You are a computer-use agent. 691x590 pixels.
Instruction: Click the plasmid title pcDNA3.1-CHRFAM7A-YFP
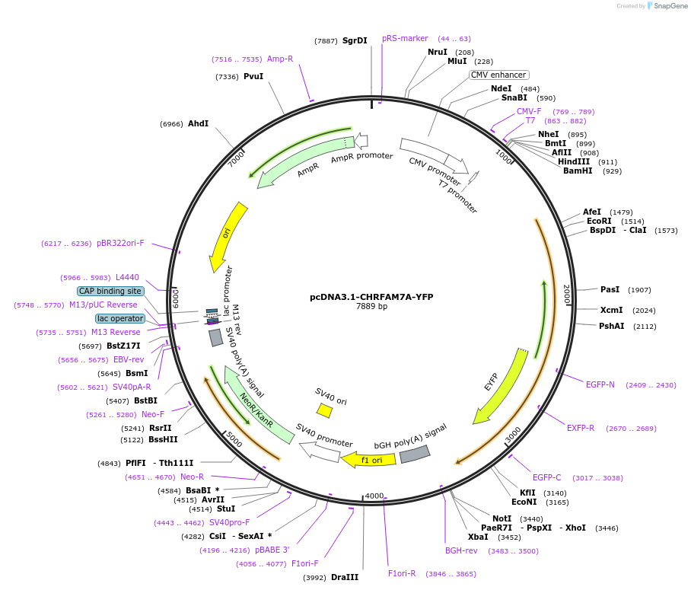click(x=371, y=297)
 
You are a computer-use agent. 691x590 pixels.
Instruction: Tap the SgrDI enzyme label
click(x=355, y=40)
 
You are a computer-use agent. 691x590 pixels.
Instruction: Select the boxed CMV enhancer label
click(x=498, y=75)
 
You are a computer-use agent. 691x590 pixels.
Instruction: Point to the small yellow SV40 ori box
click(x=325, y=410)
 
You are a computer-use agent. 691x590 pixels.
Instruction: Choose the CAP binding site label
click(x=110, y=291)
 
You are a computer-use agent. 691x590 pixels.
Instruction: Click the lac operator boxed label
click(x=120, y=318)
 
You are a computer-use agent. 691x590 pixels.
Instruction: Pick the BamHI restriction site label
click(x=578, y=171)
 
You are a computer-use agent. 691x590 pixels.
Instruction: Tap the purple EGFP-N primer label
click(x=600, y=384)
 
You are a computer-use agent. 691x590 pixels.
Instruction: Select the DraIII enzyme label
click(x=345, y=577)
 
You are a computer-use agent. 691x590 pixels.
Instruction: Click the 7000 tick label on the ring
click(x=236, y=159)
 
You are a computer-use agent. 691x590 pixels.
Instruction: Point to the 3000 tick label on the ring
click(x=514, y=435)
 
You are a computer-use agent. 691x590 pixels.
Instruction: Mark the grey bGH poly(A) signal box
click(x=415, y=454)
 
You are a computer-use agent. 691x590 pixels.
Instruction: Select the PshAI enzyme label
click(x=612, y=326)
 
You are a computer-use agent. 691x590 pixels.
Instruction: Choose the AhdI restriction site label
click(x=199, y=123)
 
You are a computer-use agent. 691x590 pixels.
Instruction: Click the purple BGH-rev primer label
click(x=461, y=550)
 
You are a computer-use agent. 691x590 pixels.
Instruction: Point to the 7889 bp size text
click(x=371, y=307)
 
